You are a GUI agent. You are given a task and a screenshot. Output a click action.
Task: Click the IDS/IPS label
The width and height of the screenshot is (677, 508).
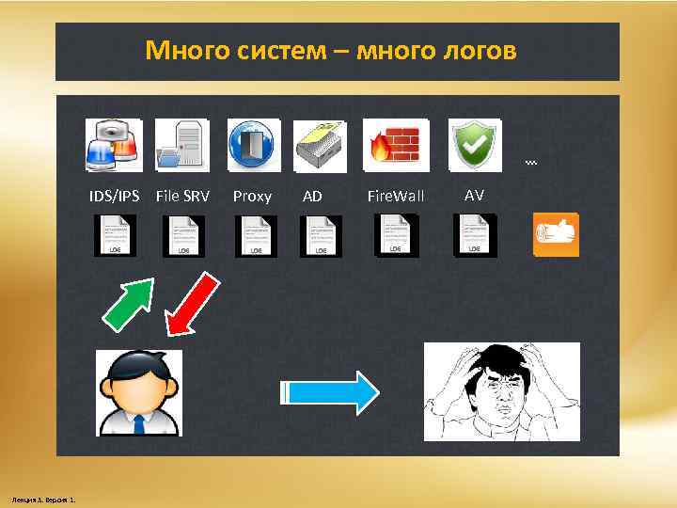114,196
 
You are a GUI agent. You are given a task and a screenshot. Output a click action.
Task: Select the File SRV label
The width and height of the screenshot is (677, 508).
182,196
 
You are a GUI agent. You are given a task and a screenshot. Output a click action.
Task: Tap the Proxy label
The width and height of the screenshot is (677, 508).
252,197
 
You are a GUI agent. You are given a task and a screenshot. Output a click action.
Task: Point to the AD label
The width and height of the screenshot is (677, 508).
312,197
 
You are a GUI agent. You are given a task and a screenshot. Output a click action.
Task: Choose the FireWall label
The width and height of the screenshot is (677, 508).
396,197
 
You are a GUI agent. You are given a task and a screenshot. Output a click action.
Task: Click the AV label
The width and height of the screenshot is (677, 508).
475,195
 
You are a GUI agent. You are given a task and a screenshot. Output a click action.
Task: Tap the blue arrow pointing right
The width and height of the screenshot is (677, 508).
330,390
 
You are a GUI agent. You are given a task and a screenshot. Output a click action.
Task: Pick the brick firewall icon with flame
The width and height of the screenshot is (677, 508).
396,144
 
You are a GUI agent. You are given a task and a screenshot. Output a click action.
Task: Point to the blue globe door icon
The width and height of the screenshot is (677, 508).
254,144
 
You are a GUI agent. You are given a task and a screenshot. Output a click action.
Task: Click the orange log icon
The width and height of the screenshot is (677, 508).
555,234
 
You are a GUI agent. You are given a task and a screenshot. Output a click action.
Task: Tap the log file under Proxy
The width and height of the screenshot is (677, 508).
255,235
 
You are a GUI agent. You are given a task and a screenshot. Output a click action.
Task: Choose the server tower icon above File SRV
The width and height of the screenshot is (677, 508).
182,144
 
